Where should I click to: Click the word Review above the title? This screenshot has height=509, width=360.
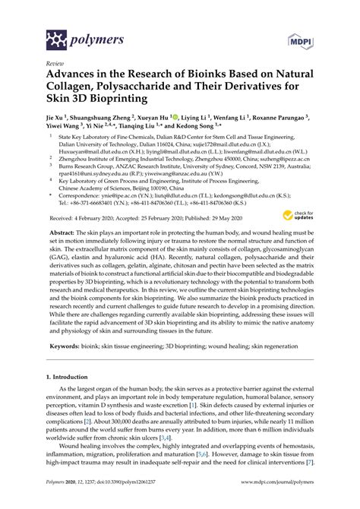click(54, 65)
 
